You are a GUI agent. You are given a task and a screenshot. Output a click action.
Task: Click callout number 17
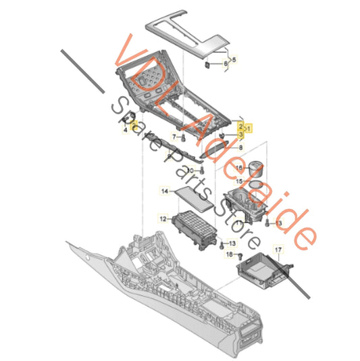[x=278, y=250]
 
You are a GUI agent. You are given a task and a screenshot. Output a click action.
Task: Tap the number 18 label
[x=230, y=254]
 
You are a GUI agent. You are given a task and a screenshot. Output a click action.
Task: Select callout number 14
[x=165, y=191]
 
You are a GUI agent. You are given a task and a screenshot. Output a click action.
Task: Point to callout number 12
[x=163, y=218]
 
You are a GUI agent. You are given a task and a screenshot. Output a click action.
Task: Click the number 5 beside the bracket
[x=234, y=60]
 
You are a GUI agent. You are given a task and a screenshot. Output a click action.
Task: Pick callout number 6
[x=226, y=64]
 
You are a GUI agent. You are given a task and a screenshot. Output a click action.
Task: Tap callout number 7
[x=174, y=137]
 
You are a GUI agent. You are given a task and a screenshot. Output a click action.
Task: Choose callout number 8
[x=240, y=147]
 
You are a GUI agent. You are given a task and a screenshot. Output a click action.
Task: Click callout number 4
[x=126, y=130]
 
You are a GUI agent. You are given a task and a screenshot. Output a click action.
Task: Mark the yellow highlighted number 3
[x=240, y=134]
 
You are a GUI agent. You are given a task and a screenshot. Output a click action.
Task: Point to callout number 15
[x=239, y=181]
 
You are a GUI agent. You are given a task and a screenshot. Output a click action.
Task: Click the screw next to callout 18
[x=241, y=256]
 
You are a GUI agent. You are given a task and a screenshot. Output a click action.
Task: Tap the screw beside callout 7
[x=183, y=139]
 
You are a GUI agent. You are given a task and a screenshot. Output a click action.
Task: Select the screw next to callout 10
[x=202, y=171]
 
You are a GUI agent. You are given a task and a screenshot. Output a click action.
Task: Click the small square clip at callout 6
[x=208, y=65]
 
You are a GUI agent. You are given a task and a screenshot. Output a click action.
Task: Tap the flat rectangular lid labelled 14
[x=195, y=198]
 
